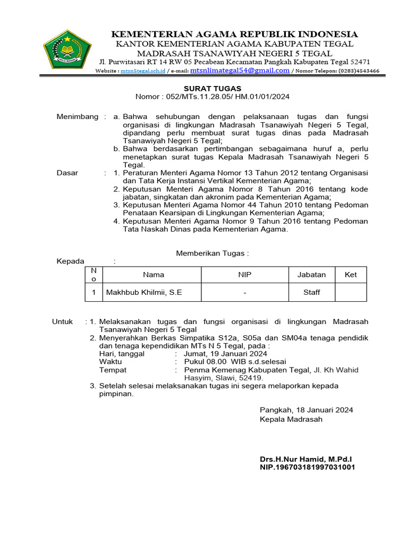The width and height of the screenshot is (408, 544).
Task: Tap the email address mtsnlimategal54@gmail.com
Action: tap(240, 70)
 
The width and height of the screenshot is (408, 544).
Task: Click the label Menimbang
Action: tap(78, 116)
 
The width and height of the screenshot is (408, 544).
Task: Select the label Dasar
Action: tap(67, 173)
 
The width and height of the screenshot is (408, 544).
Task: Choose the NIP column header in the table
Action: tap(244, 275)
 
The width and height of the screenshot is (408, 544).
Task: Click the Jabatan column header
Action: tap(311, 275)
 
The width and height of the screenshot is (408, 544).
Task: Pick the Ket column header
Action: tap(351, 275)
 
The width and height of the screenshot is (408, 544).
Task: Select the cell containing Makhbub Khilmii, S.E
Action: tap(144, 292)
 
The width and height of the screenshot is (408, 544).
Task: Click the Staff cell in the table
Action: tap(311, 292)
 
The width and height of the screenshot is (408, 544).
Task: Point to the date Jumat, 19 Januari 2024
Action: tap(225, 354)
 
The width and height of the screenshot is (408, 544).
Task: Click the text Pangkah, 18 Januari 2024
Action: tap(306, 410)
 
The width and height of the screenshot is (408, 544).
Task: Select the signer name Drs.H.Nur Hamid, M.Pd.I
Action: tap(305, 458)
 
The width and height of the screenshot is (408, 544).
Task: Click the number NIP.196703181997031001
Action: tap(307, 467)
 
